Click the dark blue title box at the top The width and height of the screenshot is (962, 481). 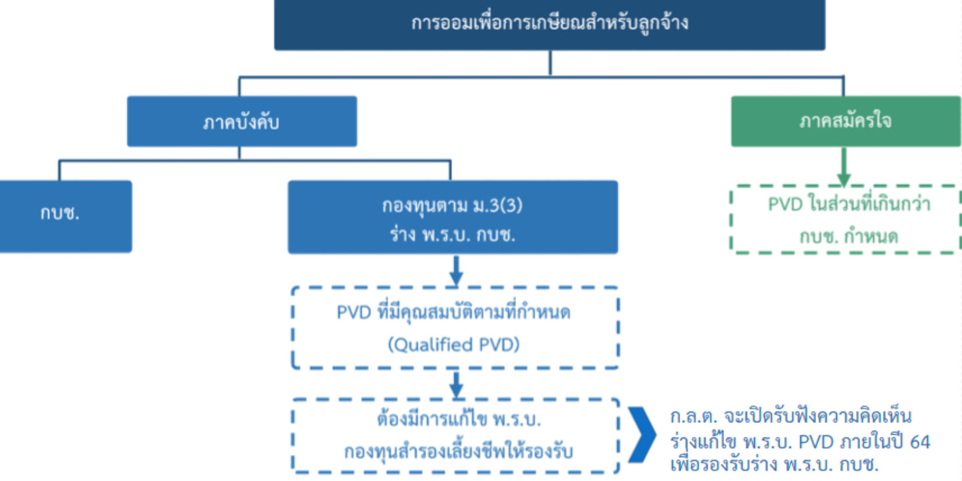coord(550,25)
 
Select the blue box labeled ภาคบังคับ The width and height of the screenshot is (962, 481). coord(242,121)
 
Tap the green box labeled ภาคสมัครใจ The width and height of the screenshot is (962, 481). coord(846,121)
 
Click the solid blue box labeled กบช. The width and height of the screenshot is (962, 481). coord(66,216)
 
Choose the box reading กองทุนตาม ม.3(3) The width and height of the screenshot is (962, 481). coord(453,217)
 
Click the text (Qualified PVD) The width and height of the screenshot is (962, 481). coord(454,345)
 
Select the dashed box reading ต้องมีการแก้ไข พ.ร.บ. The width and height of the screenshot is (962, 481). coord(455,399)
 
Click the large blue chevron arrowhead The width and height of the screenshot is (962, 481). coord(642,435)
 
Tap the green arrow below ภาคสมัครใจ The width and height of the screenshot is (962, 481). coord(844,166)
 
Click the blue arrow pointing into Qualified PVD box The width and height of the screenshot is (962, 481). coord(456,270)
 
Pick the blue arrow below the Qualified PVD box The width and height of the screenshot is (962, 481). coord(456,385)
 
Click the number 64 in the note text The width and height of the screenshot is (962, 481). coord(919,442)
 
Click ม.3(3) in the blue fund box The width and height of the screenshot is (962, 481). coord(497,206)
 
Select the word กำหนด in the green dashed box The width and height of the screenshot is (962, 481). coord(871,236)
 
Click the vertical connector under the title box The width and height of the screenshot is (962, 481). coord(550,63)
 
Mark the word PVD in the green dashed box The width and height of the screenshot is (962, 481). coord(785,205)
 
